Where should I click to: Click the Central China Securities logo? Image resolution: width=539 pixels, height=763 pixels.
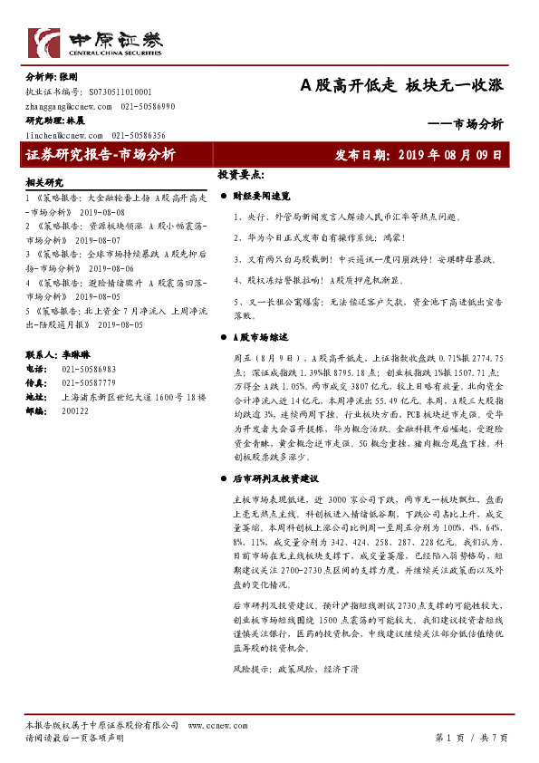pos(94,41)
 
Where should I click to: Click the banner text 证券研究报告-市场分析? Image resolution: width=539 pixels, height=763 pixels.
pos(101,155)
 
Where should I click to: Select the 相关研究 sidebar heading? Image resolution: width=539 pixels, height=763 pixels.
pos(44,182)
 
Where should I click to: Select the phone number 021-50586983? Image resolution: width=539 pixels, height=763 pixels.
pos(88,370)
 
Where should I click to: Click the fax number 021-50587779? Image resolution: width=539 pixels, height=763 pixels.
pos(88,383)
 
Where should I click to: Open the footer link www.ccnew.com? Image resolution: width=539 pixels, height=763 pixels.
pos(211,725)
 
